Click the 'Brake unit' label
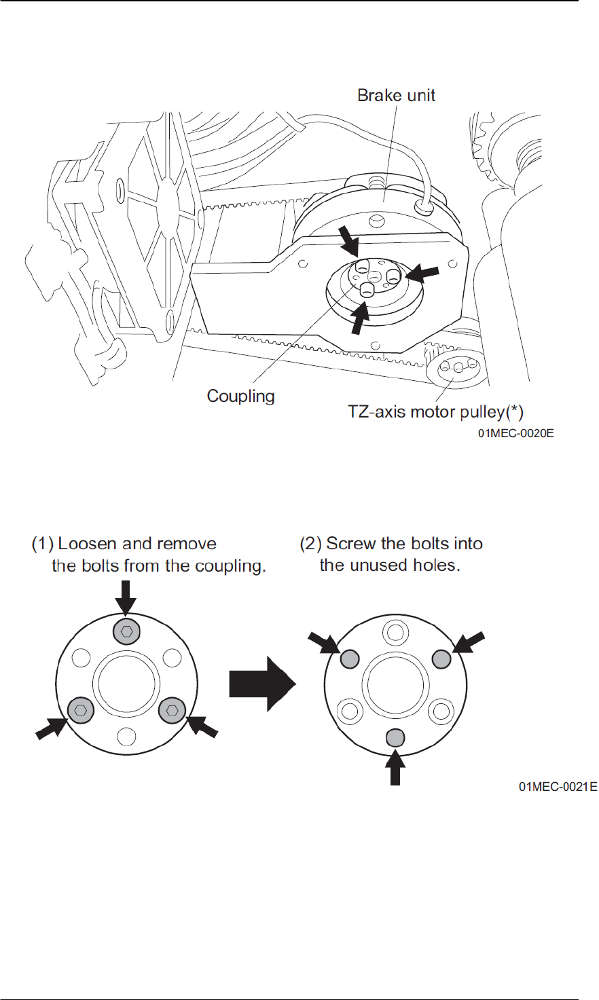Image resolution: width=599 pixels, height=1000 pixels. tap(396, 95)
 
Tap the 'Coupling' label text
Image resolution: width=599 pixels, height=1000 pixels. tap(240, 396)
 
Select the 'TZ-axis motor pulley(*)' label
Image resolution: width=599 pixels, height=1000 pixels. tap(435, 411)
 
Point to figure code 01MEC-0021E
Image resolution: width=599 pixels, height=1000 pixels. tap(558, 787)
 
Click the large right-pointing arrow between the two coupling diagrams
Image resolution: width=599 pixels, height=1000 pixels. tap(262, 684)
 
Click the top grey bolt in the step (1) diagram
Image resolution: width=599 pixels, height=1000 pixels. tap(126, 631)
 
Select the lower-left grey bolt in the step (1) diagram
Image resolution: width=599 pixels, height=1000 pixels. tap(80, 709)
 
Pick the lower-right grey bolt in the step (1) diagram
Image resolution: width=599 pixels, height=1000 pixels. tap(172, 709)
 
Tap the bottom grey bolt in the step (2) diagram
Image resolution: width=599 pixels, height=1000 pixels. tap(395, 737)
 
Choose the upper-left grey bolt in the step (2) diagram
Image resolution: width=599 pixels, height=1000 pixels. tap(349, 658)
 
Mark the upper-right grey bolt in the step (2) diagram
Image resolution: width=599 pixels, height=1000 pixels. tap(441, 658)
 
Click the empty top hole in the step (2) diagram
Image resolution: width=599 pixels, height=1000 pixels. tap(395, 633)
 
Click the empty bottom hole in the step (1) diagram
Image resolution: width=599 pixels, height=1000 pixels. tap(126, 735)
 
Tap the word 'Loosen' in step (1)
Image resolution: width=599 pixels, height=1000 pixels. tap(88, 544)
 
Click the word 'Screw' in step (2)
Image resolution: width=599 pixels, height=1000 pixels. tap(348, 544)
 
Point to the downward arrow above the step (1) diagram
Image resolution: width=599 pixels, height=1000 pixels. tap(126, 597)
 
